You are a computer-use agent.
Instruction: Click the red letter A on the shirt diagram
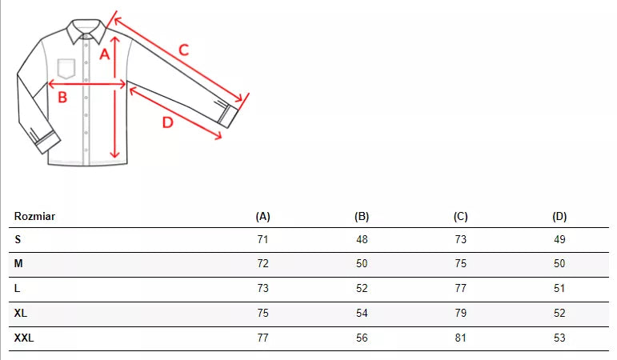point(104,54)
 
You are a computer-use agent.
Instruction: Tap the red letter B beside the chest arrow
point(62,97)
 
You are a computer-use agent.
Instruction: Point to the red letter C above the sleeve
point(184,50)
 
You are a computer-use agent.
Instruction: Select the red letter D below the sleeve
point(167,122)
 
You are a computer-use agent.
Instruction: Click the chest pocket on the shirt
point(66,69)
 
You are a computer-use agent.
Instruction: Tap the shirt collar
point(86,30)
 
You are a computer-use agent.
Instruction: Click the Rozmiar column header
point(34,216)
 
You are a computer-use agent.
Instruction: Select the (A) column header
point(262,216)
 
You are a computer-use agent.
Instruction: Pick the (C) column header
point(460,216)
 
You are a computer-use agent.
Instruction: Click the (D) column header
point(559,216)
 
